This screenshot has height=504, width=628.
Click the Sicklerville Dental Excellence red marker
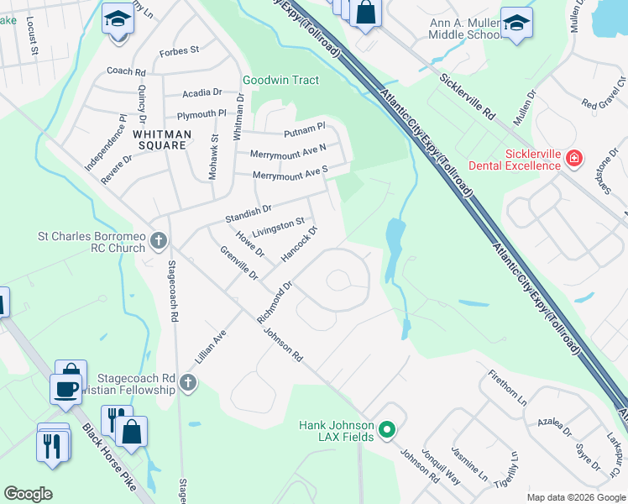[574, 158]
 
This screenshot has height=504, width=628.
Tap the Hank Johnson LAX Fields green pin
[387, 431]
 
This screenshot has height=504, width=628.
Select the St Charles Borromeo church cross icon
[160, 243]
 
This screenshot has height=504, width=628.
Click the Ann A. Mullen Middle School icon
[516, 24]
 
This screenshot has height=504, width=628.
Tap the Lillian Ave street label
[211, 346]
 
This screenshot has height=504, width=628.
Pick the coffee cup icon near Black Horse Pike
[66, 389]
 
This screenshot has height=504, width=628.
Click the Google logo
[28, 494]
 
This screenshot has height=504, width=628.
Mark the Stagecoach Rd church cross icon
[188, 384]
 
